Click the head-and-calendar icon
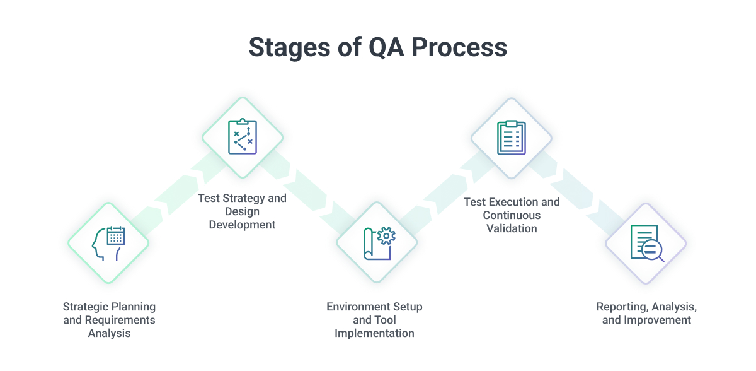point(108,243)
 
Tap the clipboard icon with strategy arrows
point(243,137)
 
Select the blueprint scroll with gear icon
point(377,243)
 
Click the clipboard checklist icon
point(512,137)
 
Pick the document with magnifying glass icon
point(646,243)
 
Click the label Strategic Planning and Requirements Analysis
point(109,320)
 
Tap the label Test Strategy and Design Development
point(243,211)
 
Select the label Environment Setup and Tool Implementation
point(374,320)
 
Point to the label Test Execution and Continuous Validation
point(512,215)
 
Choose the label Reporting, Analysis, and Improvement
point(646,314)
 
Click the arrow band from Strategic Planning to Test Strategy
point(176,190)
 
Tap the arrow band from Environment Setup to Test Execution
point(444,190)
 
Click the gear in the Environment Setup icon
point(386,236)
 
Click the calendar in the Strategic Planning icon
point(116,236)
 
